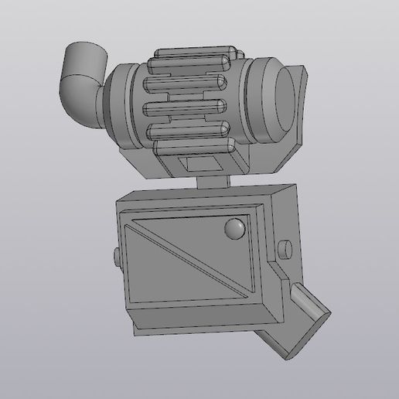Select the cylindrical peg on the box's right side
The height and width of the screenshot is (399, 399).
pyautogui.click(x=285, y=250)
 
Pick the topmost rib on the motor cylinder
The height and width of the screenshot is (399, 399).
pyautogui.click(x=193, y=57)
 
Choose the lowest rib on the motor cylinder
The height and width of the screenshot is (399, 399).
pyautogui.click(x=193, y=143)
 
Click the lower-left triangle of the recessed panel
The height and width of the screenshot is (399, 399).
pyautogui.click(x=155, y=271)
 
